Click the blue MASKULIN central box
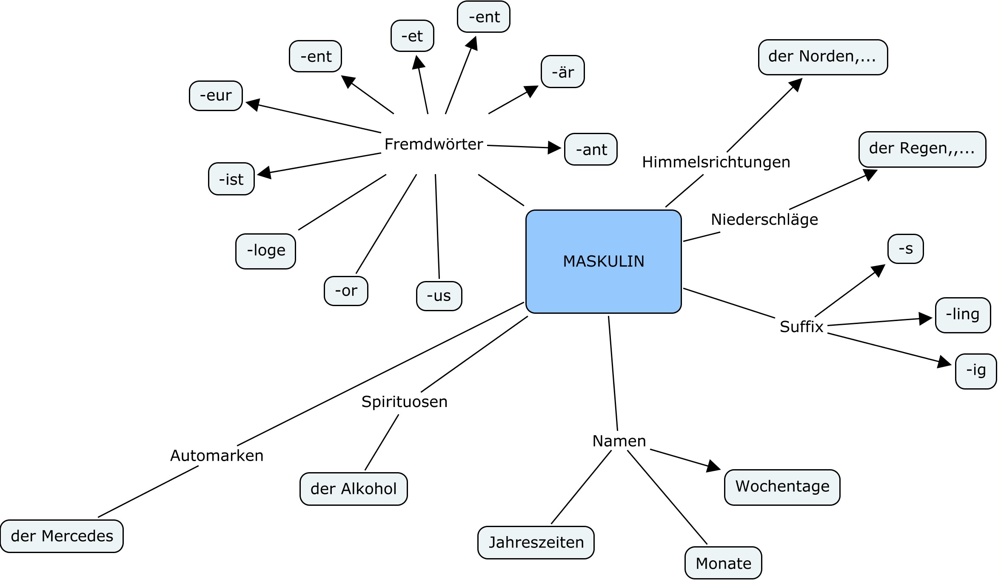603,261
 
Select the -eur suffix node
216,96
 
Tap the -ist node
231,179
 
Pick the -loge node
265,251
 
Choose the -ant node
590,149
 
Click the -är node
562,72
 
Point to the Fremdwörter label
433,144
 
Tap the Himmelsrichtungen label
716,162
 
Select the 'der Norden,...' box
823,57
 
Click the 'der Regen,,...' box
922,149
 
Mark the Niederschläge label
764,220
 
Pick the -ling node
963,315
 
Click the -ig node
976,371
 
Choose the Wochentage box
782,487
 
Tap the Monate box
723,563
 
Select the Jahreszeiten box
536,542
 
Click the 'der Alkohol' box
354,489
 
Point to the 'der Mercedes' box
62,536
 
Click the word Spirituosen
404,402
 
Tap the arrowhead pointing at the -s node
878,270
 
